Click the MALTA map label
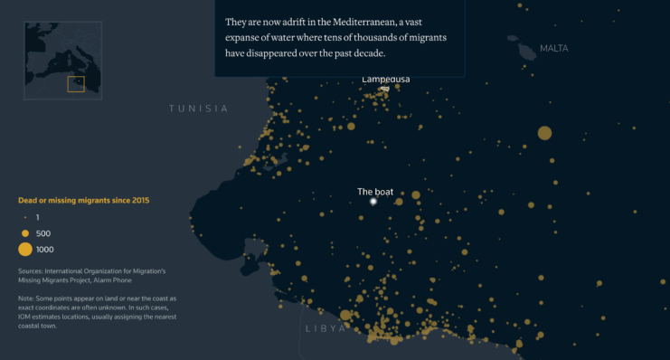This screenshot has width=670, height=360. tap(553, 48)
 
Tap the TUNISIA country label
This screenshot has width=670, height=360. tap(198, 109)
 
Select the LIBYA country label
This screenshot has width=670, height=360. tap(325, 328)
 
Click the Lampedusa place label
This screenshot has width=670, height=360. tap(385, 80)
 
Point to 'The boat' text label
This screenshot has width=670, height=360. tap(374, 192)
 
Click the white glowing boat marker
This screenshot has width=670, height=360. tap(373, 203)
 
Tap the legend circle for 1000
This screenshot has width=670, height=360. tap(25, 249)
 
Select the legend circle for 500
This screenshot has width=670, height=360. tap(25, 233)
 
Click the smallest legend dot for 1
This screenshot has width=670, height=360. tap(25, 218)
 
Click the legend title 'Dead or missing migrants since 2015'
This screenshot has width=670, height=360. tap(84, 200)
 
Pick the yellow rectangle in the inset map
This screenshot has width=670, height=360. tap(76, 84)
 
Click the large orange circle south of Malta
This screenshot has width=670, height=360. tap(544, 133)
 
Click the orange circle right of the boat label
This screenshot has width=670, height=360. tap(415, 194)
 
